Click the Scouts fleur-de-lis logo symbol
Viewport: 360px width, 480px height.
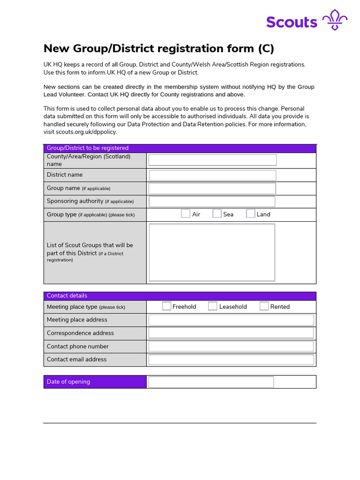click(335, 20)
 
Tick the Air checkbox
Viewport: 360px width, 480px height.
click(186, 214)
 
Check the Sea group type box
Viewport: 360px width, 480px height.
click(217, 214)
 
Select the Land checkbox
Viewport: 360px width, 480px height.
click(251, 214)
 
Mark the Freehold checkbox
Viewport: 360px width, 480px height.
click(166, 306)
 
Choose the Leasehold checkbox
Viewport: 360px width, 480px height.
click(213, 306)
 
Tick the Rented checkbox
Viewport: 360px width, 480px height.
click(264, 306)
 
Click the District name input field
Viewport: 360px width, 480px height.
click(212, 175)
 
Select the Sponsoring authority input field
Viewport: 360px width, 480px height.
click(212, 202)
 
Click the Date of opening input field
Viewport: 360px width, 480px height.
click(211, 382)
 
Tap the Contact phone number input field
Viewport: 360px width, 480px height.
click(231, 346)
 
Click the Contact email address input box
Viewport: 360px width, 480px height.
click(231, 360)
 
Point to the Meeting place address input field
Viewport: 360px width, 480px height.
click(231, 320)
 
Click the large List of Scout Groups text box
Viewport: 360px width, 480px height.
click(212, 252)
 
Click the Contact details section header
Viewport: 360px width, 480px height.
click(67, 296)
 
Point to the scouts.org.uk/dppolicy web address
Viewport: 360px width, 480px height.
click(80, 132)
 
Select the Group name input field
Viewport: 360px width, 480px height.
click(212, 188)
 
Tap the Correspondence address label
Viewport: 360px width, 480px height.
click(80, 333)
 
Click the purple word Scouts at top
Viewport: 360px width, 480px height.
click(292, 22)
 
